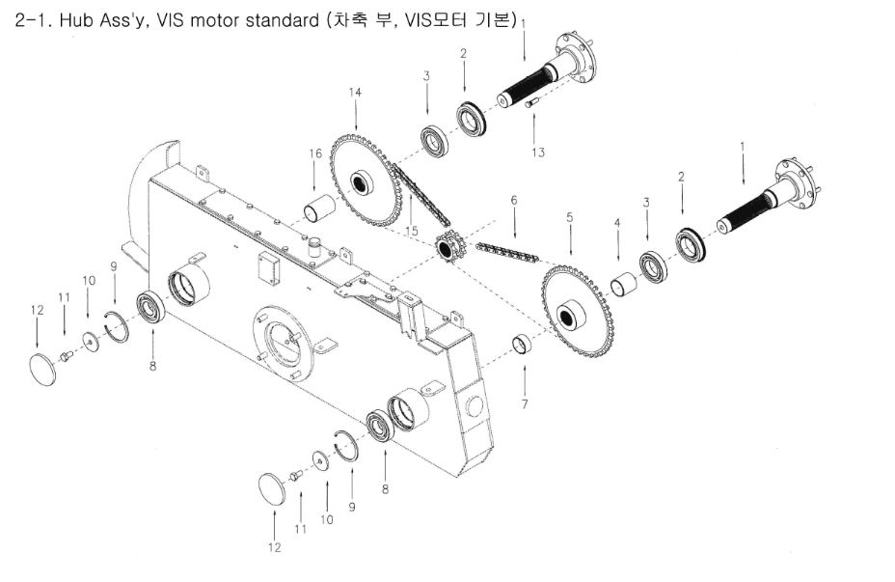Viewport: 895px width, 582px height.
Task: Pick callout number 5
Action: click(570, 218)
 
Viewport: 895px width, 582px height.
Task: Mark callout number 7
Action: click(525, 403)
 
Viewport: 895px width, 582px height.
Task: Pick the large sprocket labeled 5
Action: click(577, 314)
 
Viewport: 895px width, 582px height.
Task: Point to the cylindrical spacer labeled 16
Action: click(319, 207)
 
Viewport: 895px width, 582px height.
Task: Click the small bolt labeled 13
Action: click(530, 120)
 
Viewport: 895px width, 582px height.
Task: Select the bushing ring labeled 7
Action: click(523, 345)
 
